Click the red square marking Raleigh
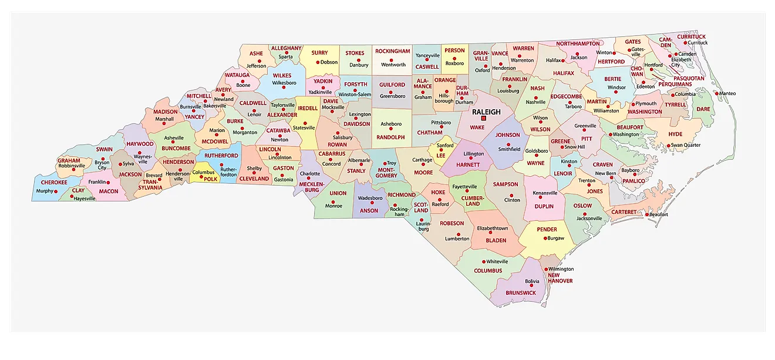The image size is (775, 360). [x=484, y=118]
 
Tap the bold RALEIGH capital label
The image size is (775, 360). [x=486, y=112]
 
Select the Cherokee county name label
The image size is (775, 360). [x=54, y=183]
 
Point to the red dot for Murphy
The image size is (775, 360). [x=56, y=191]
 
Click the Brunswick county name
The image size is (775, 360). [x=521, y=292]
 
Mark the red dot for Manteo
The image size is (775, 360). [x=717, y=93]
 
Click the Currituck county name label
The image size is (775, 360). [x=692, y=36]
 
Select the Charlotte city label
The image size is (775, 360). [x=310, y=174]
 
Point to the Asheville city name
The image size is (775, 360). [x=174, y=138]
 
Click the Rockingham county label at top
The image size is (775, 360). [x=392, y=52]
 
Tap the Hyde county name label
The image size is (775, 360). [x=675, y=134]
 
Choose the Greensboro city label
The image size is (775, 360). [x=392, y=96]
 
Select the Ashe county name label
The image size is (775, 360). [x=256, y=53]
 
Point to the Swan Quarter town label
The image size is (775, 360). [x=685, y=145]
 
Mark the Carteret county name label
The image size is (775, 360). [x=624, y=212]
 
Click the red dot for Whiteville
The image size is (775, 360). [x=483, y=261]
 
